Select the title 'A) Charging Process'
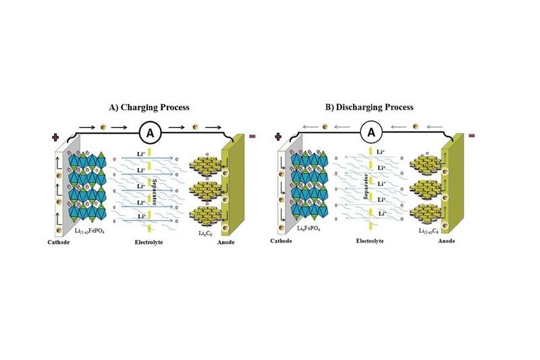[x=149, y=107]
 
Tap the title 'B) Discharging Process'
[x=370, y=107]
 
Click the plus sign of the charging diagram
[x=55, y=138]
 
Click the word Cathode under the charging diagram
[x=59, y=241]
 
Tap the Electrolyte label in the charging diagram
[x=148, y=241]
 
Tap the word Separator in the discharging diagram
[x=363, y=186]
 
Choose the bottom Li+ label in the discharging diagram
[x=381, y=213]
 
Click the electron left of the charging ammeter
[x=102, y=126]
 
